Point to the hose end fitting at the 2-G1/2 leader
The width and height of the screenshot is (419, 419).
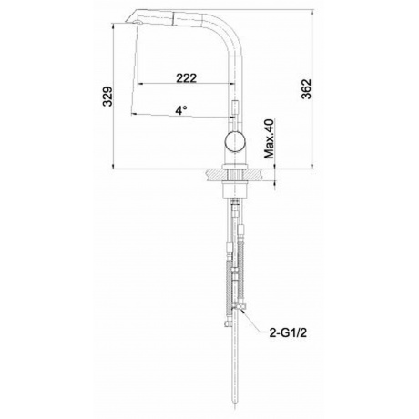[x=240, y=313]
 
